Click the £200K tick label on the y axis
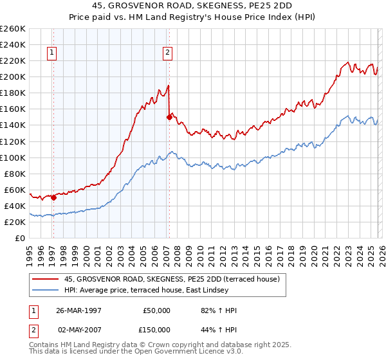[x=13, y=76]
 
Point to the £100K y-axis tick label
[x=13, y=157]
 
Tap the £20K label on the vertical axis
[x=15, y=222]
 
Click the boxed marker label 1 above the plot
[x=51, y=53]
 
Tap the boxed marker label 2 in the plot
[x=167, y=53]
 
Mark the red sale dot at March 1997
[x=54, y=197]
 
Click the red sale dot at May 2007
[x=169, y=117]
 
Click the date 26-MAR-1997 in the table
[x=76, y=310]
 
